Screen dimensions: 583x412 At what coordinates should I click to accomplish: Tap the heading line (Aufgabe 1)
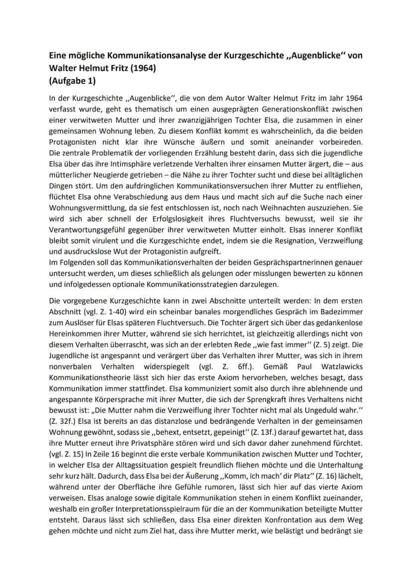click(x=73, y=80)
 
